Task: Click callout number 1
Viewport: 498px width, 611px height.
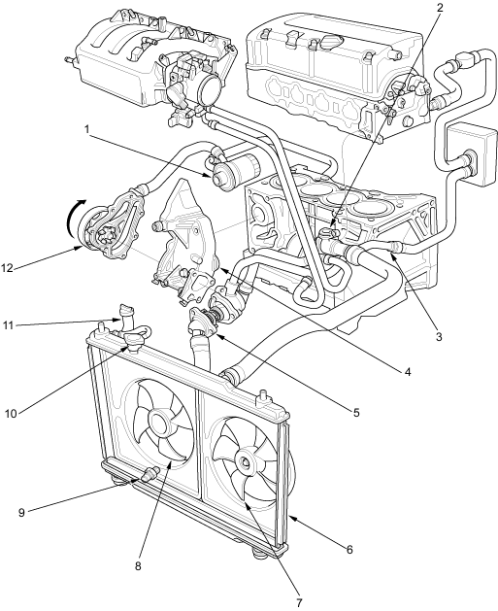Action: pos(87,129)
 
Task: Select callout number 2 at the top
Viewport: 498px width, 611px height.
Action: pos(440,8)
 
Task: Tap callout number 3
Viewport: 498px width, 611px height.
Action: pos(439,337)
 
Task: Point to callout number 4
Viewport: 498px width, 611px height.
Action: pos(408,372)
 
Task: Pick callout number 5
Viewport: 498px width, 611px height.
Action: pos(356,412)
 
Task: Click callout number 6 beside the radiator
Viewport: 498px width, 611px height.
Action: pos(349,550)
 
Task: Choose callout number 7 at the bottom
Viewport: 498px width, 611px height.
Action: pos(299,603)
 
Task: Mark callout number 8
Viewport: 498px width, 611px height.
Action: pos(138,566)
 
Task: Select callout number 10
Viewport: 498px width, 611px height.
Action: pos(11,414)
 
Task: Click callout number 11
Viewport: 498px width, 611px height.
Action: pos(10,324)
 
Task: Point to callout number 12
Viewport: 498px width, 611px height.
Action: pos(8,268)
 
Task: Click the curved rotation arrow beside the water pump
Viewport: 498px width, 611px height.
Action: pos(75,214)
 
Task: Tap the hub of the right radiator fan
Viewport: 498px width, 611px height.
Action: pos(246,462)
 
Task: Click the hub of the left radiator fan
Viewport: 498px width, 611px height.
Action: pos(158,423)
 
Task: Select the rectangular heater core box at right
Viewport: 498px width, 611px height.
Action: pos(473,154)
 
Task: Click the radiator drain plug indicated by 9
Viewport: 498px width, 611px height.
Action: pos(149,473)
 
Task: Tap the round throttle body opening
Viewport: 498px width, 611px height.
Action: pos(213,90)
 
